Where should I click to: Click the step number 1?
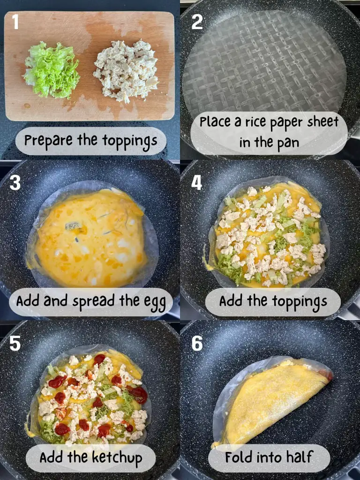(15, 22)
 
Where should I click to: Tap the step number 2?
(197, 22)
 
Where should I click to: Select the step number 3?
(15, 183)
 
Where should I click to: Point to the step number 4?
(197, 183)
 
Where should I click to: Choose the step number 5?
(15, 343)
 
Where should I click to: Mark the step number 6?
(197, 343)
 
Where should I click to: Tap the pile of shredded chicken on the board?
(126, 70)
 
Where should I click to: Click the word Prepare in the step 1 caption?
(49, 141)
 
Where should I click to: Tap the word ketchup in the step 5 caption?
(117, 458)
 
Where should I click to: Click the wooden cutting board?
(90, 66)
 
